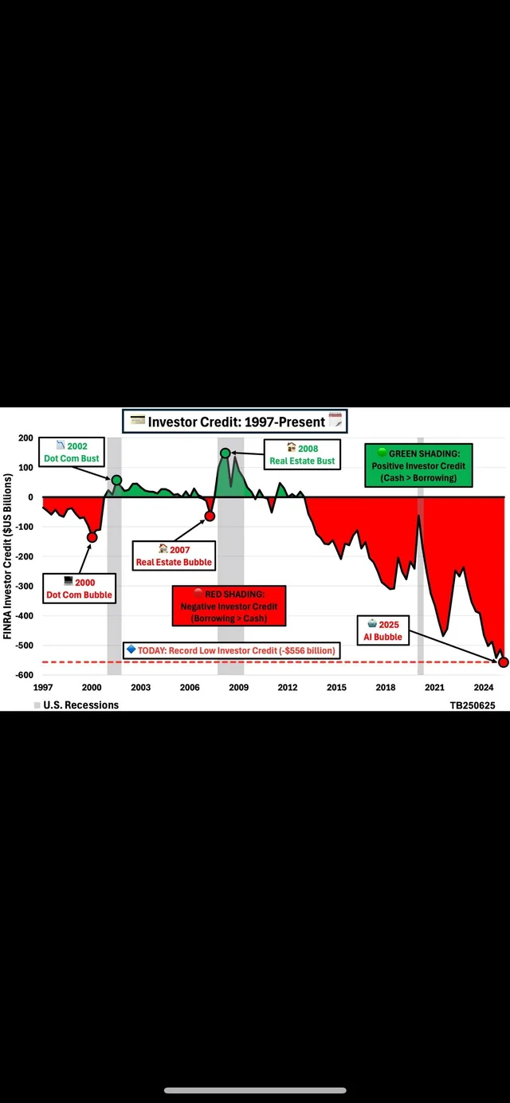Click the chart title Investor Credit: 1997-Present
pyautogui.click(x=235, y=422)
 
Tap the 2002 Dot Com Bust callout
pyautogui.click(x=72, y=452)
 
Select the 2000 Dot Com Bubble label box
pyautogui.click(x=79, y=588)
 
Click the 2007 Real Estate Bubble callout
pyautogui.click(x=174, y=556)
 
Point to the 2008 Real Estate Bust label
pyautogui.click(x=302, y=454)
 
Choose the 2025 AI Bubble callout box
pyautogui.click(x=383, y=630)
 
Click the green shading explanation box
pyautogui.click(x=418, y=465)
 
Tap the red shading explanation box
pyautogui.click(x=229, y=606)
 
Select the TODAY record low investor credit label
pyautogui.click(x=231, y=650)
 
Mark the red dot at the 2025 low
pyautogui.click(x=503, y=662)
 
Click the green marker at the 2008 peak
pyautogui.click(x=226, y=453)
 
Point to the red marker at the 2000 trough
pyautogui.click(x=92, y=537)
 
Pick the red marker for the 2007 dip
pyautogui.click(x=210, y=516)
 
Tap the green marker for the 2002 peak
pyautogui.click(x=116, y=480)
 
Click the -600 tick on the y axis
pyautogui.click(x=24, y=675)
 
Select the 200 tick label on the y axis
pyautogui.click(x=26, y=438)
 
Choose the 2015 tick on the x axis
pyautogui.click(x=337, y=688)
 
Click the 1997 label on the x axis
pyautogui.click(x=43, y=688)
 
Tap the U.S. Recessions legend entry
pyautogui.click(x=76, y=705)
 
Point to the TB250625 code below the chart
pyautogui.click(x=473, y=705)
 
